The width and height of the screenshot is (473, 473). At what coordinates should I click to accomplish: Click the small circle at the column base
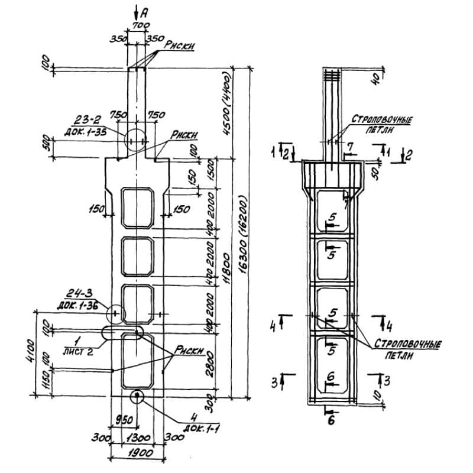[137, 396]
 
